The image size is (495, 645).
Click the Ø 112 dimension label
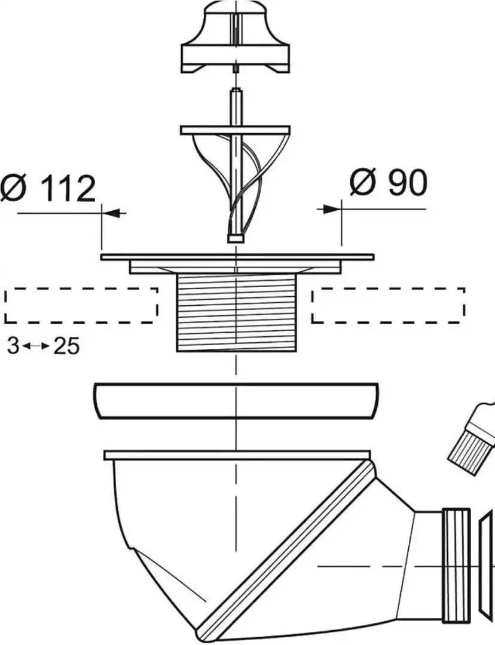click(x=48, y=188)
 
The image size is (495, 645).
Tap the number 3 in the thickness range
click(x=13, y=346)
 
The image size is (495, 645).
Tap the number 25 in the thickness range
click(x=66, y=346)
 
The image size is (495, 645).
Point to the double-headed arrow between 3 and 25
click(x=36, y=346)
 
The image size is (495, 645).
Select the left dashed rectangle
click(x=81, y=305)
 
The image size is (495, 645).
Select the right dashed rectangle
click(x=389, y=305)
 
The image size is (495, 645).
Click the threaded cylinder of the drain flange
click(x=236, y=312)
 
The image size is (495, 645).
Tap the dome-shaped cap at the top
click(x=236, y=37)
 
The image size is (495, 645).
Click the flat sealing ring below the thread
click(x=236, y=401)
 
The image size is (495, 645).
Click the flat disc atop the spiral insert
click(x=235, y=130)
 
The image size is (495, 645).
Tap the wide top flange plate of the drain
click(x=237, y=257)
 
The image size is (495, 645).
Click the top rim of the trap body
click(x=237, y=455)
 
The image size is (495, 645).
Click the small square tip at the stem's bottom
click(x=235, y=239)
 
